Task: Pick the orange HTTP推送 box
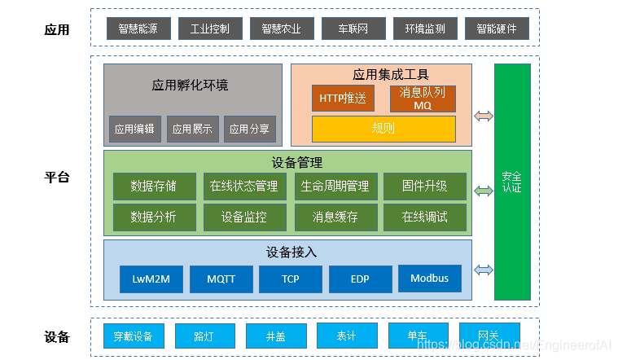[343, 99]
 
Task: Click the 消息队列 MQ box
[423, 99]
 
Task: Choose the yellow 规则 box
[384, 129]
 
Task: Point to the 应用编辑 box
[135, 129]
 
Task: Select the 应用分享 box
[249, 129]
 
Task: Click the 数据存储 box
[154, 186]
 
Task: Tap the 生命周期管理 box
[335, 186]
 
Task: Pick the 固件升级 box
[425, 186]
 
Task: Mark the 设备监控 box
[244, 217]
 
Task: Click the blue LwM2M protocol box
[151, 279]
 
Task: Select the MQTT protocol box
[221, 279]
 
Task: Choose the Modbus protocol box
[429, 279]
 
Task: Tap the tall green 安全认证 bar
[512, 182]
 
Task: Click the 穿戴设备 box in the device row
[134, 336]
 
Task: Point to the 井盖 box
[276, 336]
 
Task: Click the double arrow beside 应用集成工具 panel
[484, 116]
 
